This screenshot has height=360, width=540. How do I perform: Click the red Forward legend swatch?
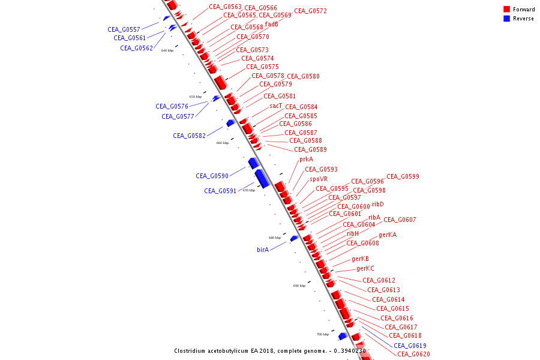(x=507, y=10)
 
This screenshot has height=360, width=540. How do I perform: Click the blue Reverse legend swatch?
(x=507, y=19)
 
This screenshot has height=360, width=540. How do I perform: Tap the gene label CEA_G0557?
(x=124, y=29)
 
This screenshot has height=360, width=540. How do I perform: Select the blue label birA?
(x=262, y=250)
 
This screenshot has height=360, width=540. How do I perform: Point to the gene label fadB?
(x=271, y=25)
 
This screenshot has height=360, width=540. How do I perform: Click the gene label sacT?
(x=275, y=106)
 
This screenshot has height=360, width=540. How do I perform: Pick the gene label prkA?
(x=306, y=160)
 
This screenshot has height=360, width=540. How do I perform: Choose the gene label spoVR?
(x=319, y=179)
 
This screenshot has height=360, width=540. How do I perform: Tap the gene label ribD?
(x=377, y=205)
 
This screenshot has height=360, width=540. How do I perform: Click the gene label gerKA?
(x=387, y=235)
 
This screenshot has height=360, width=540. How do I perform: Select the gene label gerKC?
(x=365, y=269)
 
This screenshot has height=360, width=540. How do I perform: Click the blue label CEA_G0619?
(x=410, y=346)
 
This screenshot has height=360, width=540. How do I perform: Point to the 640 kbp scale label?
(x=167, y=50)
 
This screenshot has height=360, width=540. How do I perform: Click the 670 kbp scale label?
(x=248, y=190)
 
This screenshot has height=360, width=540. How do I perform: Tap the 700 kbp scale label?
(x=322, y=334)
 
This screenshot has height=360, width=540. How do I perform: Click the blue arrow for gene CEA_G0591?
(x=262, y=178)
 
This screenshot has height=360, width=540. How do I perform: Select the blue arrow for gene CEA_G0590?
(x=253, y=163)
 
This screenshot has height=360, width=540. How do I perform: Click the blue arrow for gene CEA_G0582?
(x=230, y=123)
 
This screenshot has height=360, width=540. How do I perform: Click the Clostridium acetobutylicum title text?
(x=269, y=351)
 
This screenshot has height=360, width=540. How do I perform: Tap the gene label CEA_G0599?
(x=403, y=176)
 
